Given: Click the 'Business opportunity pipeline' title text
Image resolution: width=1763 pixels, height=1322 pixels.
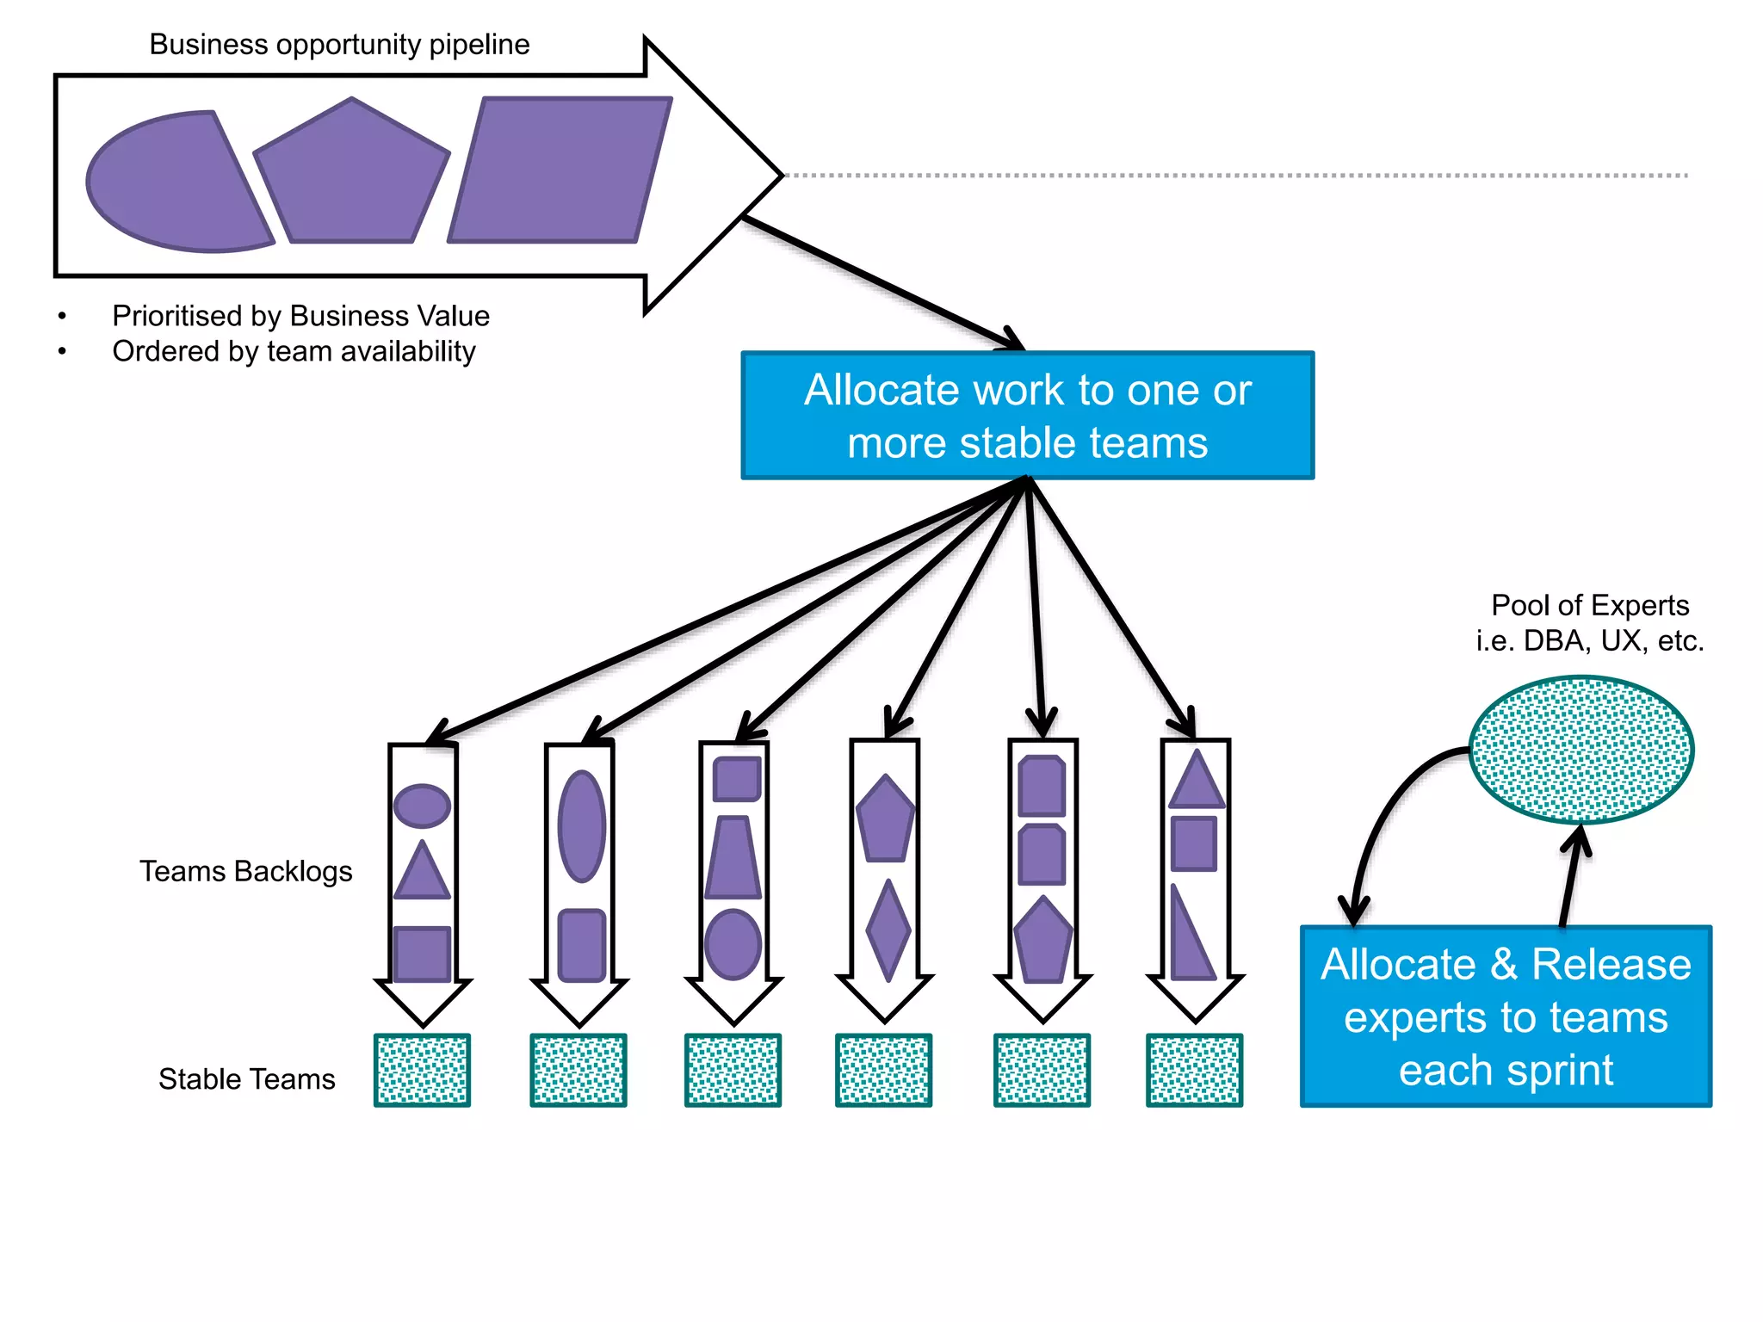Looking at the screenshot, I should [339, 45].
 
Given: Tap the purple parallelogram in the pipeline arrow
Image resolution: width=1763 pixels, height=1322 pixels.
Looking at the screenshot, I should [560, 170].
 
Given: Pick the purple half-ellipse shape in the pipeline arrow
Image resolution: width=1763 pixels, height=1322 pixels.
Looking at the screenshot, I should [172, 183].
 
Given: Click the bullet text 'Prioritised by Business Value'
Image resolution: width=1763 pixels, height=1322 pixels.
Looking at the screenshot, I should [300, 316].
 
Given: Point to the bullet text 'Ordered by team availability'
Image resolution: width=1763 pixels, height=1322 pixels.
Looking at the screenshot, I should [294, 351].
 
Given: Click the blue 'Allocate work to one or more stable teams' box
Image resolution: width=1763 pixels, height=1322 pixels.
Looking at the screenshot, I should [1027, 416].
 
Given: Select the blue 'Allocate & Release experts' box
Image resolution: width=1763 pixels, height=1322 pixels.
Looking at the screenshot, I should [1506, 1016].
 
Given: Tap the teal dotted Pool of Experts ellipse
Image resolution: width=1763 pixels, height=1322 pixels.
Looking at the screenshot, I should [1581, 749].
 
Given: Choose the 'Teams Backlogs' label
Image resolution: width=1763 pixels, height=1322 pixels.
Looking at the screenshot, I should [246, 871].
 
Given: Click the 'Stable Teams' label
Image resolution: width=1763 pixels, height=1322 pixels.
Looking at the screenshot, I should [246, 1078].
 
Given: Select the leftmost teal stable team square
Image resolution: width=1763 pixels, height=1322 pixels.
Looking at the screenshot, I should [422, 1070].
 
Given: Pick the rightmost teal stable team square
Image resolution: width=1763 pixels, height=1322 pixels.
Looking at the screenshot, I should [1194, 1070].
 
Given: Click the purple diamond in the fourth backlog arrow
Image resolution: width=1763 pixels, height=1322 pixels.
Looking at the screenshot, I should [888, 930].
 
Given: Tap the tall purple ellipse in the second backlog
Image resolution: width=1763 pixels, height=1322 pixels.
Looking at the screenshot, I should [582, 826].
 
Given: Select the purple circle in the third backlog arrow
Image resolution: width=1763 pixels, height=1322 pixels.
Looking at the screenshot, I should [733, 944].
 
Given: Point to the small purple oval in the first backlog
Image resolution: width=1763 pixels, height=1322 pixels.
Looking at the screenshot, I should [422, 806].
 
